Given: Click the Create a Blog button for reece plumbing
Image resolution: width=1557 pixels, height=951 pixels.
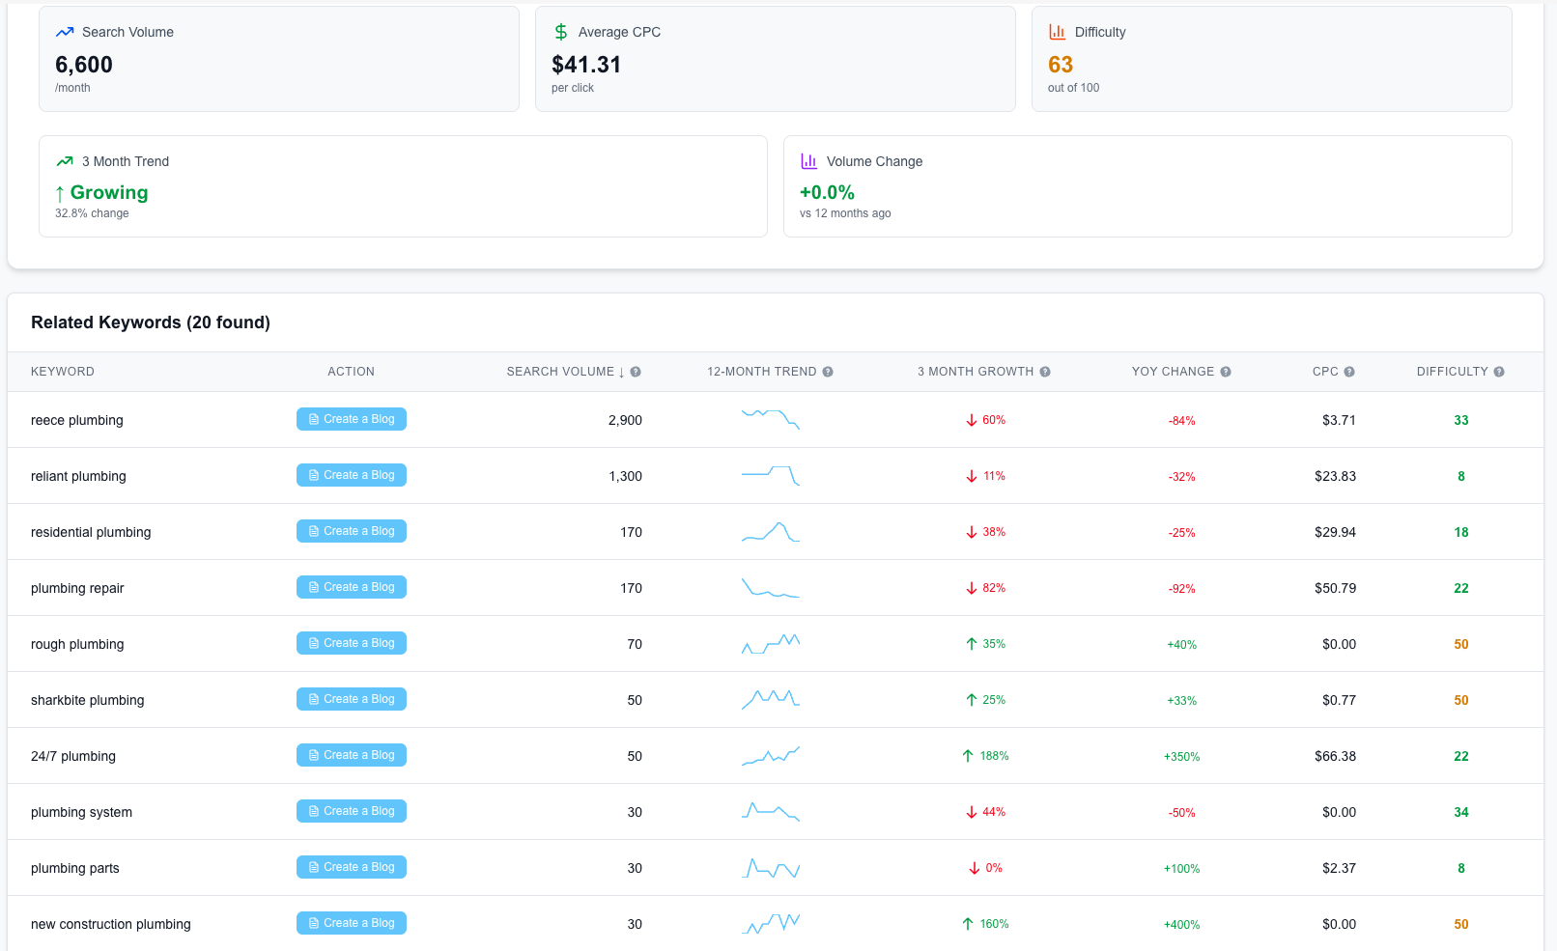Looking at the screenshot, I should [x=351, y=419].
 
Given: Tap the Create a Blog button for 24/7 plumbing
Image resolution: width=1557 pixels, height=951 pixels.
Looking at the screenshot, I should [x=351, y=755].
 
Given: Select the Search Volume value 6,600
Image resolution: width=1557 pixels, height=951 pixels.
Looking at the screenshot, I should [x=84, y=65].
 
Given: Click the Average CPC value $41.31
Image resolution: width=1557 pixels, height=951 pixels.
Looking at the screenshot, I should [x=586, y=65].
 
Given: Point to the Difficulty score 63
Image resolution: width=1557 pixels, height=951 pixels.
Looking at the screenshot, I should [x=1061, y=65].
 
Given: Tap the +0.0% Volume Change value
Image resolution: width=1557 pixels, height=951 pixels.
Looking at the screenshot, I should [x=827, y=192].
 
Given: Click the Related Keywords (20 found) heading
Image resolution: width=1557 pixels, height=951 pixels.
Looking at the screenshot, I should [x=151, y=322].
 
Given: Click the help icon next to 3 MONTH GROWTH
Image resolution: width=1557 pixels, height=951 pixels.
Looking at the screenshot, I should [x=1045, y=372].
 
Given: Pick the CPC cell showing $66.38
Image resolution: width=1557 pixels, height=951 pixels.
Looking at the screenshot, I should [x=1335, y=756].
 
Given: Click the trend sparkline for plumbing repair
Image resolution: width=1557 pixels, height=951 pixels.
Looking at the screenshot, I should [x=770, y=588].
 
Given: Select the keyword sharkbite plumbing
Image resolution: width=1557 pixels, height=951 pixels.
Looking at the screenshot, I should [x=88, y=700].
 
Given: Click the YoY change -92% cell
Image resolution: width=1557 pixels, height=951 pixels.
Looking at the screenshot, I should [x=1181, y=588].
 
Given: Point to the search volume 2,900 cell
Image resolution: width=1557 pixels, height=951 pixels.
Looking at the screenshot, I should [x=625, y=420].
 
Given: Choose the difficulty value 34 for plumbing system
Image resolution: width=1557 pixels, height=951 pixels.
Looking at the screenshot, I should [x=1460, y=812].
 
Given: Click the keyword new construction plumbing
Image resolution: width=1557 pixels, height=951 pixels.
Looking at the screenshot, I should [x=111, y=924].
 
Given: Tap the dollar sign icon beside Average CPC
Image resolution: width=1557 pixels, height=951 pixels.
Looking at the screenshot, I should [x=561, y=32].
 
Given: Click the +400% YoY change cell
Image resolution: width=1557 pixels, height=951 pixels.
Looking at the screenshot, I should [x=1181, y=924].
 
